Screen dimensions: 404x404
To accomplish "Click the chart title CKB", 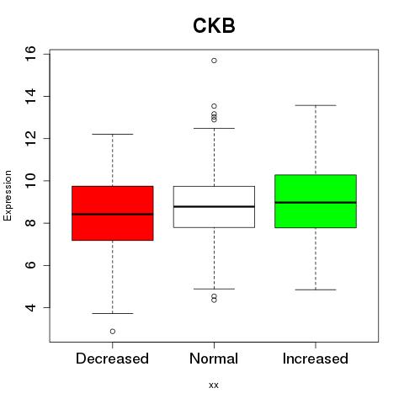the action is pos(214,25).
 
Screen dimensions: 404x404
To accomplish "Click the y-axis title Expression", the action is pos(8,195).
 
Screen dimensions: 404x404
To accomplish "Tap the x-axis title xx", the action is pos(214,385).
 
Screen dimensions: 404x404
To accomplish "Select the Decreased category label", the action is pos(112,359).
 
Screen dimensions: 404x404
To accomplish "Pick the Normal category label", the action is pos(214,359).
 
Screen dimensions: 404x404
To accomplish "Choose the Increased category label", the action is pos(316,359).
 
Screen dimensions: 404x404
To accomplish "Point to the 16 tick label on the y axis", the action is pos(30,54).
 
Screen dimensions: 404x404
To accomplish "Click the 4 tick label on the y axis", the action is pos(30,307).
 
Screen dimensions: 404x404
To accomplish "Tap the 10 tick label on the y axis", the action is pos(30,181).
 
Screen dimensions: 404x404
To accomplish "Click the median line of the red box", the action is pos(113,214).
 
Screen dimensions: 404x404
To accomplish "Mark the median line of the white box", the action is pos(214,206).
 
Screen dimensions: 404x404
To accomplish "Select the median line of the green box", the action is pos(316,202).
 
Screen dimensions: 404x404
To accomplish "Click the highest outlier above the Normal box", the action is pos(214,61).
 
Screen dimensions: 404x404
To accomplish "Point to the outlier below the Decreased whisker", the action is pos(113,332).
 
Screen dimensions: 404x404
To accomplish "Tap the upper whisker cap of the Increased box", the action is pos(316,105).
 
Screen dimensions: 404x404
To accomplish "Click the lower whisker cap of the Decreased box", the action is pos(113,313).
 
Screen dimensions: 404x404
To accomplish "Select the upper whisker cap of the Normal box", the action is pos(214,128).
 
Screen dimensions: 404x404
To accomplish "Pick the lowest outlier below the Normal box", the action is pos(214,300).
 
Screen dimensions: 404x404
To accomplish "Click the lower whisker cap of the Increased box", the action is pos(316,290).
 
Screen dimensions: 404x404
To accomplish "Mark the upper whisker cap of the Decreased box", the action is pos(113,134).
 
